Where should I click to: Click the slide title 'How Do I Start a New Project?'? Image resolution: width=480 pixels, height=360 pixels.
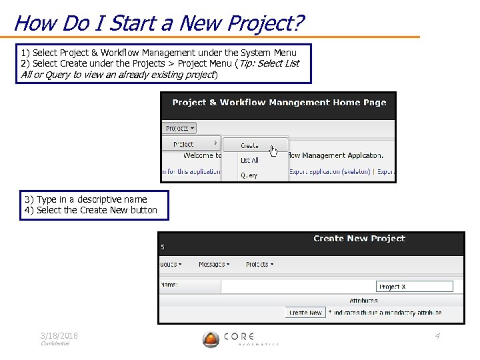coord(159,23)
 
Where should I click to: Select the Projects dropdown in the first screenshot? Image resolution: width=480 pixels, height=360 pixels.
coord(180,128)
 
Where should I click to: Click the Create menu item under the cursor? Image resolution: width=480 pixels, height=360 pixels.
coord(250,145)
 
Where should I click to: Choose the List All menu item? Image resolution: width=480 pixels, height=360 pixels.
coord(250,160)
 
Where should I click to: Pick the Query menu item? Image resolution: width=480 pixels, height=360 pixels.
coord(249,175)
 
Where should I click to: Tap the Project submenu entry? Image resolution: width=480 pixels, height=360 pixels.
coord(185,144)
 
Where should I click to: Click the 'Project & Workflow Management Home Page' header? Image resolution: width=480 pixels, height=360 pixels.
coord(279,103)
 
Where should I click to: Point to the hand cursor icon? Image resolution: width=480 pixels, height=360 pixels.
coord(273,151)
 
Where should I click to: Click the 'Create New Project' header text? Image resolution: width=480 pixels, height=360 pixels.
coord(359,239)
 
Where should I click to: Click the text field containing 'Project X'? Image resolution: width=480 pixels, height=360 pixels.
coord(414,287)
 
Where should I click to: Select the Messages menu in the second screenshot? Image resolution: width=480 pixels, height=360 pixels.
coord(214,265)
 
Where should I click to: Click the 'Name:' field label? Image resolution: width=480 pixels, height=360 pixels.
coord(169,285)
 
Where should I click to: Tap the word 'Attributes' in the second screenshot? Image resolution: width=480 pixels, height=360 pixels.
coord(363,301)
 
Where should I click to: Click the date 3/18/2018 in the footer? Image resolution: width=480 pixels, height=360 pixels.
coord(59,336)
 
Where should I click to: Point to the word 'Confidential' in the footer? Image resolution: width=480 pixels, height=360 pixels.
coord(55,344)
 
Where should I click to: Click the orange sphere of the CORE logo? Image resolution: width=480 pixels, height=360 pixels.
coord(211,340)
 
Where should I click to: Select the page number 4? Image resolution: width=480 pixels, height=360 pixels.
coord(437,336)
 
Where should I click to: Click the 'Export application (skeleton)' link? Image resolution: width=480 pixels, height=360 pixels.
coord(330,171)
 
